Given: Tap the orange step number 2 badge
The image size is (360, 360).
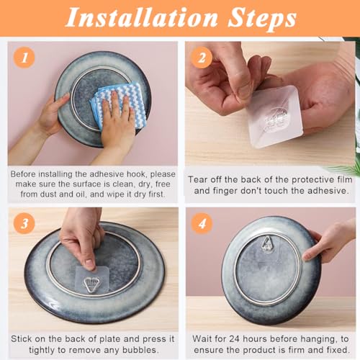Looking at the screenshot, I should (x=202, y=58).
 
